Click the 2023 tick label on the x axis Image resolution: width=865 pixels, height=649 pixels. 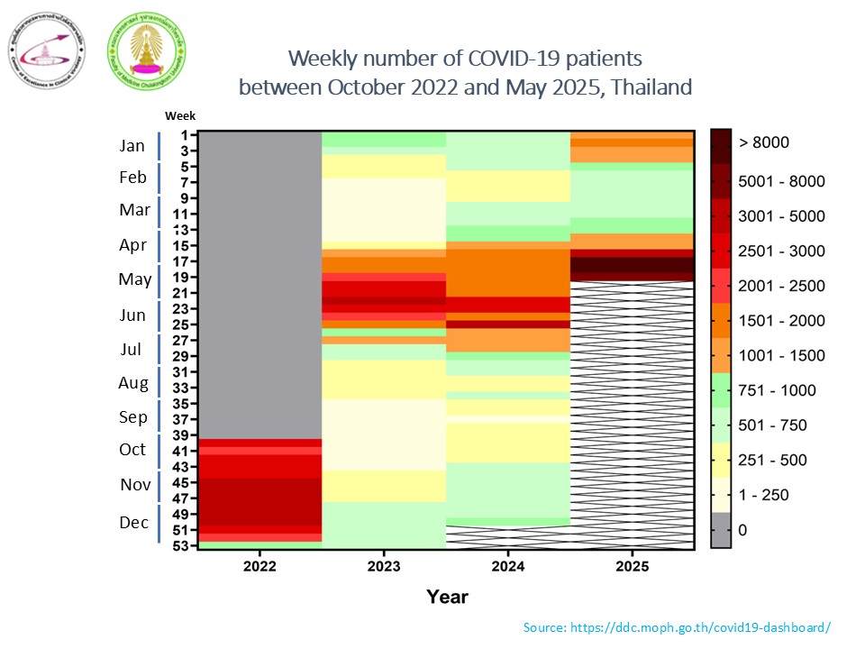tap(385, 566)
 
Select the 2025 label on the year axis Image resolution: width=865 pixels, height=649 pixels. tap(633, 566)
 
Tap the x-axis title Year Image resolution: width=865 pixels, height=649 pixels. tap(447, 596)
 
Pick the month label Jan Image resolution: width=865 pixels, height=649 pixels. tap(132, 145)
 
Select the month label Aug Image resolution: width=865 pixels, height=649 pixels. tap(133, 383)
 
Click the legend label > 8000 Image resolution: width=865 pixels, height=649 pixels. tap(764, 142)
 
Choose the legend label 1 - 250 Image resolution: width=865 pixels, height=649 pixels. tap(764, 495)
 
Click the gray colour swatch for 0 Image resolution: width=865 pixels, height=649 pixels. tap(721, 530)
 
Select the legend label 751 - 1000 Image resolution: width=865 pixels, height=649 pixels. tap(778, 390)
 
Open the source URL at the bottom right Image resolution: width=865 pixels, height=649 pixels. tap(677, 626)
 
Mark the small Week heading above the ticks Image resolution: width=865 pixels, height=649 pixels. tap(179, 115)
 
